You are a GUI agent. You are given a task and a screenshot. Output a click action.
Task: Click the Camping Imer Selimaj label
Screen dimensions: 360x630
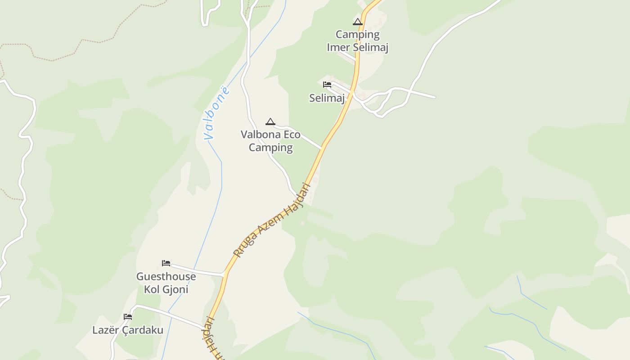coord(358,41)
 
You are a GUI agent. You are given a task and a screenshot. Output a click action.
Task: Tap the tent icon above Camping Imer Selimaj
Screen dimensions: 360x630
coord(358,22)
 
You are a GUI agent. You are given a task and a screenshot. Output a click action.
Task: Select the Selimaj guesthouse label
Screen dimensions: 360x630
coord(327,98)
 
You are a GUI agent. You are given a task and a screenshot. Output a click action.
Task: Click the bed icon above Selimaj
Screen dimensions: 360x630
coord(327,84)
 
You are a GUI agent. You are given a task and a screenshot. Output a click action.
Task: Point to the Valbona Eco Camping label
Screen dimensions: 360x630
coord(270,141)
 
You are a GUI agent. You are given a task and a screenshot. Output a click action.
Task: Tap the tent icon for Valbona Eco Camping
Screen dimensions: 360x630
coord(270,121)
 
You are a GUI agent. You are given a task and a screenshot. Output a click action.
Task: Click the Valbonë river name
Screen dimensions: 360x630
coord(217,113)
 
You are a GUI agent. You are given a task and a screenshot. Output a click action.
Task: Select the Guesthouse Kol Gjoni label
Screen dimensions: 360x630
coord(166,283)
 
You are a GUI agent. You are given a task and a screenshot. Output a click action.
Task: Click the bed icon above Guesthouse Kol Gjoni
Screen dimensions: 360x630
coord(166,263)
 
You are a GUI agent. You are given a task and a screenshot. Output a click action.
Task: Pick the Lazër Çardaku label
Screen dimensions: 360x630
coord(128,330)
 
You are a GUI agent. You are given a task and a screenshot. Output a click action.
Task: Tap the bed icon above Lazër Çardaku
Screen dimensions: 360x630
coord(128,317)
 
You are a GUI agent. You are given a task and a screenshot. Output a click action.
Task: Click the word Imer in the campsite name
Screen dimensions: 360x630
coord(337,47)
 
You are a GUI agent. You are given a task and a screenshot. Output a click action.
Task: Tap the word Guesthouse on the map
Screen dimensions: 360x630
coord(166,276)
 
